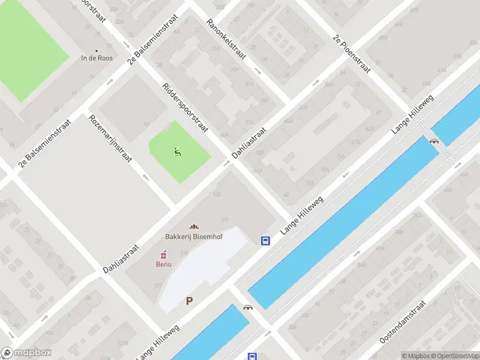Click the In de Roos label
pyautogui.click(x=97, y=58)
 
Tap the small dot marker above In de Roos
pyautogui.click(x=97, y=50)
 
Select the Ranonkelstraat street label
pyautogui.click(x=226, y=40)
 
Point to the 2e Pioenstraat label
pyautogui.click(x=352, y=55)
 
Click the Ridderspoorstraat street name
pyautogui.click(x=185, y=108)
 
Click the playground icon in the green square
pyautogui.click(x=177, y=152)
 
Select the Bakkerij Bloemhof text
pyautogui.click(x=194, y=237)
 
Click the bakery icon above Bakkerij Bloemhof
pyautogui.click(x=194, y=227)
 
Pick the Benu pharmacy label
pyautogui.click(x=164, y=264)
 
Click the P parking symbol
pyautogui.click(x=190, y=301)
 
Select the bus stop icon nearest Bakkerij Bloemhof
pyautogui.click(x=265, y=241)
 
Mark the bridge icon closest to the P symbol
pyautogui.click(x=248, y=307)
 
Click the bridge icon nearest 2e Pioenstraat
pyautogui.click(x=434, y=141)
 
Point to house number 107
pyautogui.click(x=226, y=218)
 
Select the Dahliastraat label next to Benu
pyautogui.click(x=121, y=256)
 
